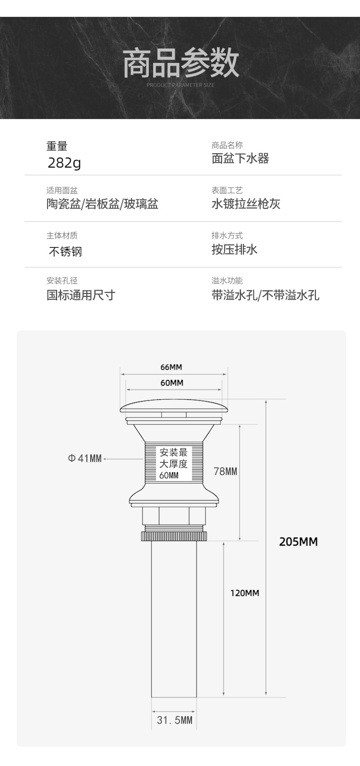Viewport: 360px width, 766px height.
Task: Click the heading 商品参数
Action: [x=181, y=64]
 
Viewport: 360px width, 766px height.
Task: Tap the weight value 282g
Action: [x=64, y=163]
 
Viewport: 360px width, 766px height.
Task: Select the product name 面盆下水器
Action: [x=240, y=158]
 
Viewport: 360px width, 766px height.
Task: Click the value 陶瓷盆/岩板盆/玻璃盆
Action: [x=102, y=204]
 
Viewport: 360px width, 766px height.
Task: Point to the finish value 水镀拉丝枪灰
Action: [x=246, y=204]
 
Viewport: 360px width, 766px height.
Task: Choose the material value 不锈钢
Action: [x=65, y=251]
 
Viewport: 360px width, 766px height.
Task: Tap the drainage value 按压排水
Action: [x=235, y=249]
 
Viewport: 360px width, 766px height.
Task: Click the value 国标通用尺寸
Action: [x=81, y=294]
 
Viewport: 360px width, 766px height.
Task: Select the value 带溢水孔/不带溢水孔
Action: [x=265, y=294]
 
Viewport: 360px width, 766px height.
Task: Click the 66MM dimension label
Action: [x=171, y=367]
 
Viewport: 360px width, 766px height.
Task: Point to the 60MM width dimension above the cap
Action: [x=172, y=383]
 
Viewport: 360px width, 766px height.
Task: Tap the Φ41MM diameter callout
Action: [x=84, y=459]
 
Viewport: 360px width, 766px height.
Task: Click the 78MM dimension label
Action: [x=225, y=471]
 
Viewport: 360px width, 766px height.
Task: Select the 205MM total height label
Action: [x=298, y=542]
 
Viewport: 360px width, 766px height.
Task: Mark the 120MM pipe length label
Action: [x=244, y=593]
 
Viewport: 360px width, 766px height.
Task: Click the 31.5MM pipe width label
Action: [x=174, y=720]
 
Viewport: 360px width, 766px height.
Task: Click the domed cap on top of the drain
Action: [x=174, y=408]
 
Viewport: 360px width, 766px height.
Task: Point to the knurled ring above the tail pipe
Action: [x=174, y=535]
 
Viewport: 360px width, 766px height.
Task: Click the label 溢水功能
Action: [x=227, y=280]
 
